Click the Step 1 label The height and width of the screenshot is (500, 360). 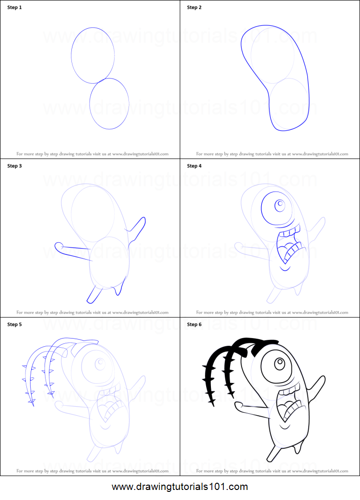click(x=14, y=8)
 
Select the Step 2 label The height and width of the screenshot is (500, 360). click(x=194, y=8)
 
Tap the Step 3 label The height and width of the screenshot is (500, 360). click(x=14, y=166)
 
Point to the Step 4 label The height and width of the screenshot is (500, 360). click(x=194, y=166)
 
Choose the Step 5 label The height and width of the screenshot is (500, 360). click(x=14, y=324)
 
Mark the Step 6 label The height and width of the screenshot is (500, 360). click(x=194, y=324)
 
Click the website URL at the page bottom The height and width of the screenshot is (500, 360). click(x=180, y=487)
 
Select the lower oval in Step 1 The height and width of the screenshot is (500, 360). click(x=109, y=104)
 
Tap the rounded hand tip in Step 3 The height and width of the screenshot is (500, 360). click(x=58, y=246)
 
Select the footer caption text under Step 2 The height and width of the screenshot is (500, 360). click(x=272, y=154)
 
